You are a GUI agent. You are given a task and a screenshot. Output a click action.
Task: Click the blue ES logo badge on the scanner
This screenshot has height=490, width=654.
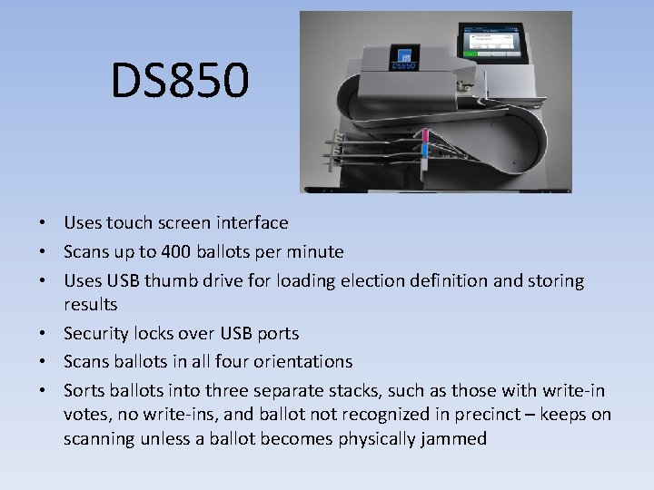click(x=403, y=55)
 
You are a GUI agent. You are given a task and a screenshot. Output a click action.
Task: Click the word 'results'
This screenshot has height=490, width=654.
click(x=90, y=304)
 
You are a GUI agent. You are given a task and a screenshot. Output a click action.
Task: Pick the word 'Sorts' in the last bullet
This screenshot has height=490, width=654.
click(x=84, y=390)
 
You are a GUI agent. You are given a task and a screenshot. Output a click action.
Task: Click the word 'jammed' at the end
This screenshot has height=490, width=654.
click(x=457, y=439)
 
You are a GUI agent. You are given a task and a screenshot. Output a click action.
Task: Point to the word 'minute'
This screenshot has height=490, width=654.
click(x=316, y=251)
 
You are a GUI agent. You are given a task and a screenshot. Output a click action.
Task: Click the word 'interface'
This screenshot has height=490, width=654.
click(x=253, y=222)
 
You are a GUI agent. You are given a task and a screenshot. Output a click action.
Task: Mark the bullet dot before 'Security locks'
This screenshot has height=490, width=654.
click(x=43, y=334)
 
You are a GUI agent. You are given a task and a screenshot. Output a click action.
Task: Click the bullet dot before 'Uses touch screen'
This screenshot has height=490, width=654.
click(x=43, y=223)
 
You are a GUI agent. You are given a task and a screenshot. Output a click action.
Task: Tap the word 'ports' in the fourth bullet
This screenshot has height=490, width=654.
click(x=277, y=333)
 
